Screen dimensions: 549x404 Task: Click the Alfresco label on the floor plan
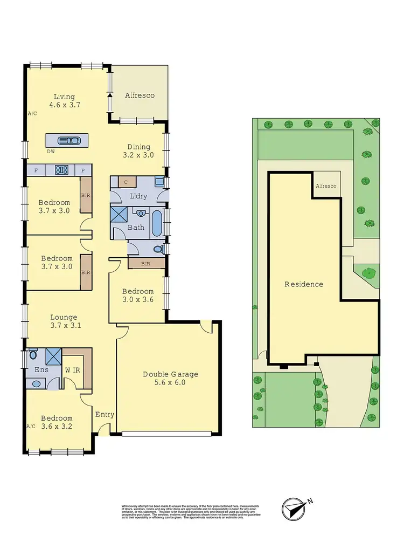(140, 95)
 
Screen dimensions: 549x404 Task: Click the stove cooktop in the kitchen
(61, 170)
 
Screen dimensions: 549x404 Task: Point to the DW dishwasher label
(51, 152)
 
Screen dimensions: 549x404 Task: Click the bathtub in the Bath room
(157, 223)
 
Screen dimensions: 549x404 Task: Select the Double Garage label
(170, 374)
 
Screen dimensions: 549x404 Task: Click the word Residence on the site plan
(304, 284)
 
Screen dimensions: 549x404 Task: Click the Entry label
(105, 414)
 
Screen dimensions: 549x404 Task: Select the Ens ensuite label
(41, 370)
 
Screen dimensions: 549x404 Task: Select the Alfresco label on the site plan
(325, 186)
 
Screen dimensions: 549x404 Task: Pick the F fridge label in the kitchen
(36, 170)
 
